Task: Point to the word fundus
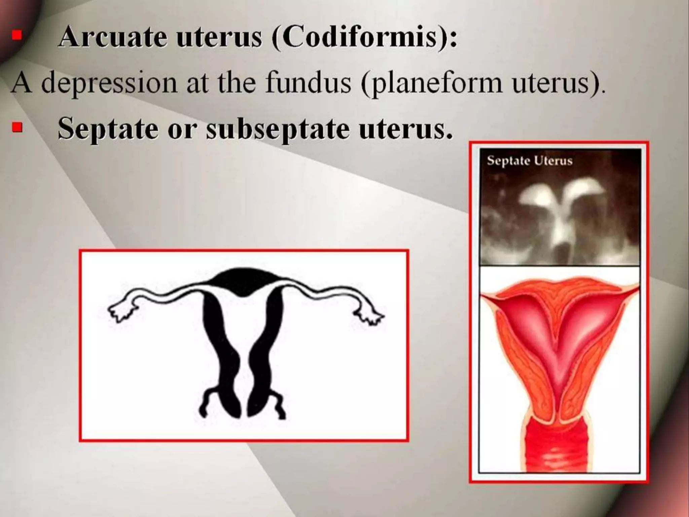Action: (308, 83)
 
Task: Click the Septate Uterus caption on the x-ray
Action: (530, 161)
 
